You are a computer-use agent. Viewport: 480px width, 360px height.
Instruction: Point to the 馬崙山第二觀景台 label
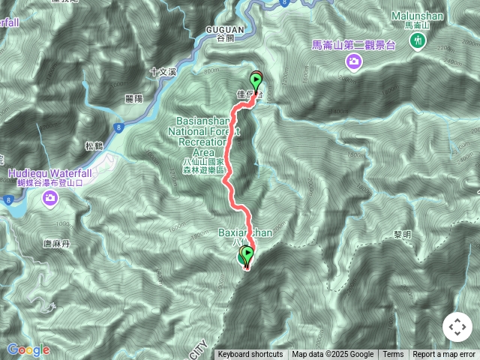tap(353, 45)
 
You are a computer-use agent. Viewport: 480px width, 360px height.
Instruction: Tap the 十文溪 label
tap(162, 72)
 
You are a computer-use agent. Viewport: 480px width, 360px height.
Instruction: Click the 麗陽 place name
tap(134, 98)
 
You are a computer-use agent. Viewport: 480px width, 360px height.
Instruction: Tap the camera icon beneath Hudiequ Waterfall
tap(50, 199)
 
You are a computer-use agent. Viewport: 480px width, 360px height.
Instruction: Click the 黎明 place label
tap(403, 234)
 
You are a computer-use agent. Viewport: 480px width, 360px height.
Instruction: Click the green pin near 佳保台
tap(256, 81)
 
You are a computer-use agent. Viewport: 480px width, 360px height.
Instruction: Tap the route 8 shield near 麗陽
tap(119, 127)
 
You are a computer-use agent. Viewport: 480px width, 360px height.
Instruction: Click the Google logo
tap(28, 349)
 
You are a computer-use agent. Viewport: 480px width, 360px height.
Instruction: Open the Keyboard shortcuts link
tap(250, 355)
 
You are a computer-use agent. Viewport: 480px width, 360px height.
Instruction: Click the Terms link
tap(393, 355)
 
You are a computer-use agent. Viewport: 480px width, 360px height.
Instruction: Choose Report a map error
tap(444, 355)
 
